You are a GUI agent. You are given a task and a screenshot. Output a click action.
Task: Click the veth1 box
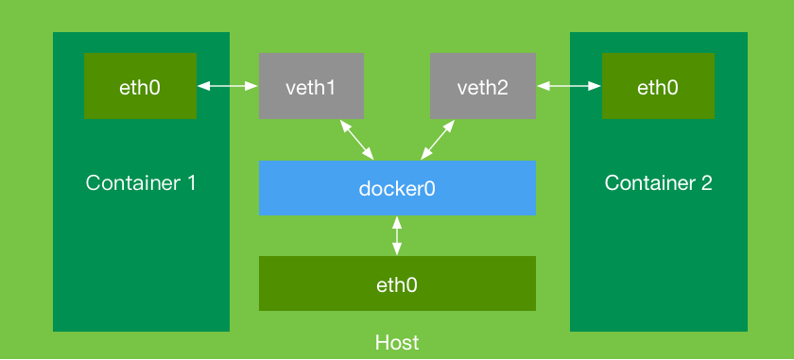pos(311,86)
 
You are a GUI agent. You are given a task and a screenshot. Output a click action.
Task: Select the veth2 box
pos(483,86)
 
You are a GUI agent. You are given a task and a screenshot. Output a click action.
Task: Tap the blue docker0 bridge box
pos(397,187)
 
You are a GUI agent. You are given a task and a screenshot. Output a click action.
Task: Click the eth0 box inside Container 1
pos(140,86)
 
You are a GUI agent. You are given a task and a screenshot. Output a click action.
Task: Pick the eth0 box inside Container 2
pos(658,86)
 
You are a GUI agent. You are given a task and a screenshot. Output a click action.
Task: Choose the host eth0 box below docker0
pos(397,283)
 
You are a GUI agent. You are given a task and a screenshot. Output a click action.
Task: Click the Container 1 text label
pos(141,182)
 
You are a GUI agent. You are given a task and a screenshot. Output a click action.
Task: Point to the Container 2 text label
pos(658,182)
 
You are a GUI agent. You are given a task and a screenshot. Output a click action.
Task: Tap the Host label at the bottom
pos(397,342)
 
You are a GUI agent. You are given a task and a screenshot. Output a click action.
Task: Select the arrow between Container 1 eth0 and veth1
pos(228,86)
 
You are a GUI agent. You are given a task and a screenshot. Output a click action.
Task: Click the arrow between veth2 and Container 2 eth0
pos(569,86)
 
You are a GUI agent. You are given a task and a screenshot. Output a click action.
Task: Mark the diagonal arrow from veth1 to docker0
pos(356,139)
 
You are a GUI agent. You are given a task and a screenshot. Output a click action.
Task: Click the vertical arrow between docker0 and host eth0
pos(397,235)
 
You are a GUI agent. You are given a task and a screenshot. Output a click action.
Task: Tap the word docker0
pos(397,188)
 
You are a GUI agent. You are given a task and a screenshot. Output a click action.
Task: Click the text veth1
pos(311,88)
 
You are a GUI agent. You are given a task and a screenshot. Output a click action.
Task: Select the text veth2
pos(483,88)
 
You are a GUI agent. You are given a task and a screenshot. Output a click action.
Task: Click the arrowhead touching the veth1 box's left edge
pos(252,86)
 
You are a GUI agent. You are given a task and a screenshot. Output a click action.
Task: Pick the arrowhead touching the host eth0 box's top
pos(397,250)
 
